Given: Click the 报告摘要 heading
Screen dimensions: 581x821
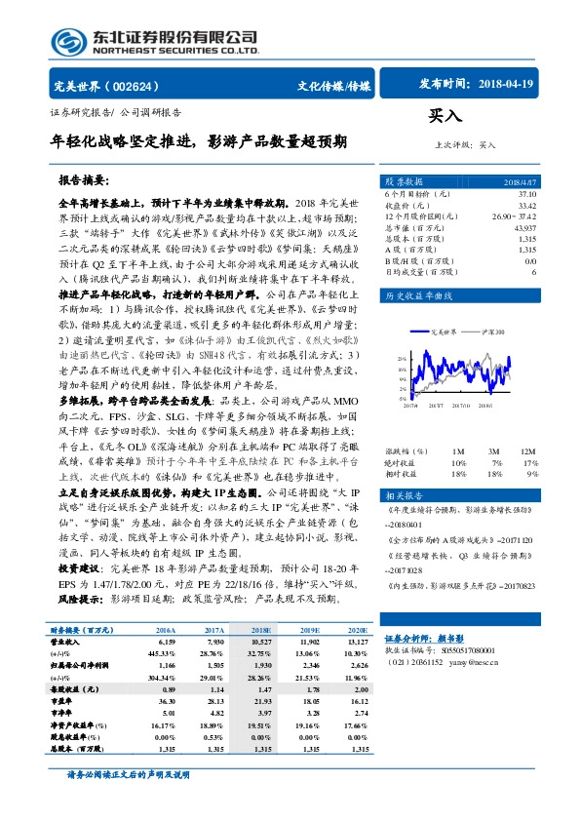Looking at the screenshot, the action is (83, 181).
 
